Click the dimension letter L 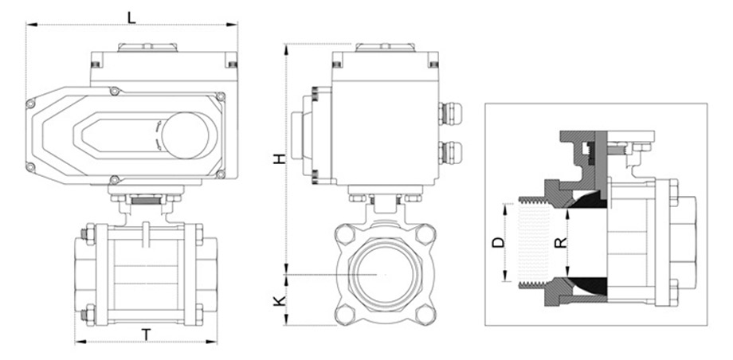point(132,15)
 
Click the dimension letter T point(147,335)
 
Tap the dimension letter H point(279,159)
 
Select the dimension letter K point(278,301)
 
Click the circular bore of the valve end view point(385,274)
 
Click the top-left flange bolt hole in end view point(347,235)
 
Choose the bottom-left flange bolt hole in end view point(347,313)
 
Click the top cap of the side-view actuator point(386,48)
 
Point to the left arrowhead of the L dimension point(29,25)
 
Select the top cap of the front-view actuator point(146,48)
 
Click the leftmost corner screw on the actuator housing point(31,104)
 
